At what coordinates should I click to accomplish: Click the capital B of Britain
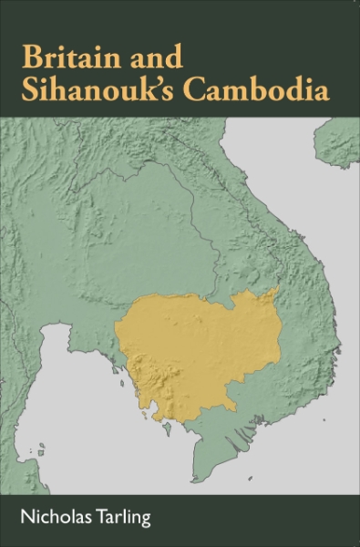32,59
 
